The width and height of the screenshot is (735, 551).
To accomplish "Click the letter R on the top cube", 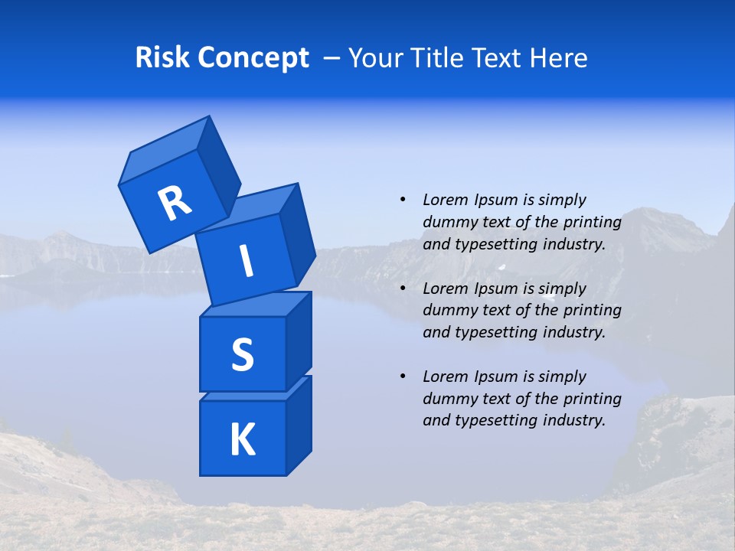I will tap(175, 204).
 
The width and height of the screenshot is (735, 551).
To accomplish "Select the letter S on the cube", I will tap(242, 354).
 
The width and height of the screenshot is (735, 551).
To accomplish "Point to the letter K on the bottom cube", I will tap(242, 439).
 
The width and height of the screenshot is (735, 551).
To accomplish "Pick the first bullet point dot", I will tap(403, 200).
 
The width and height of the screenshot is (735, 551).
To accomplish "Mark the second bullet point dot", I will tap(403, 289).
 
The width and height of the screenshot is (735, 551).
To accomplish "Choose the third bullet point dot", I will tap(403, 377).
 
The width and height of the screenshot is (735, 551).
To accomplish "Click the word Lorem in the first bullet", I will tap(445, 200).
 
